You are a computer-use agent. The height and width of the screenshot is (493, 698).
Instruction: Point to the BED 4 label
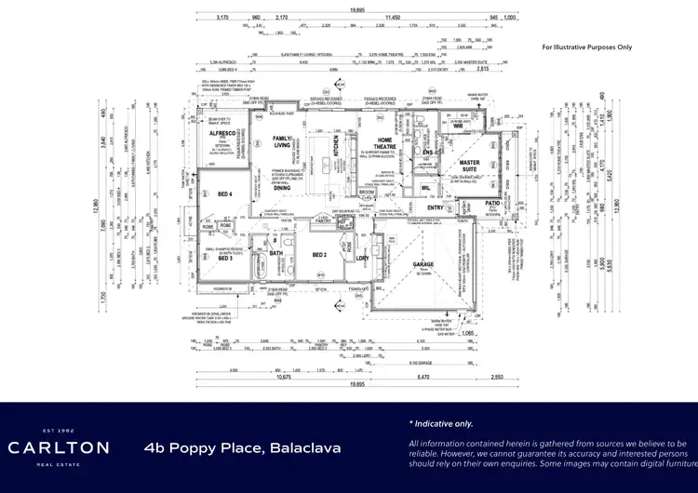click(223, 193)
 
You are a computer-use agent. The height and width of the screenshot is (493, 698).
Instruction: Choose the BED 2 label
click(319, 255)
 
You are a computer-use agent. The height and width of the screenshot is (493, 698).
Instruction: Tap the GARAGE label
click(423, 264)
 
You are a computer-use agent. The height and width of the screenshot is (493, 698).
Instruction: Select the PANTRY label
click(323, 221)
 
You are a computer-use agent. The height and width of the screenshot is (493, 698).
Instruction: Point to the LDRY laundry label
click(362, 258)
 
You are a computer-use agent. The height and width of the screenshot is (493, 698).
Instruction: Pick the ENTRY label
click(449, 207)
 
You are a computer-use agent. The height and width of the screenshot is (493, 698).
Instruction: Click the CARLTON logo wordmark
click(59, 447)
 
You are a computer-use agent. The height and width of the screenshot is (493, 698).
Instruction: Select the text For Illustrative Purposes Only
click(586, 46)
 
